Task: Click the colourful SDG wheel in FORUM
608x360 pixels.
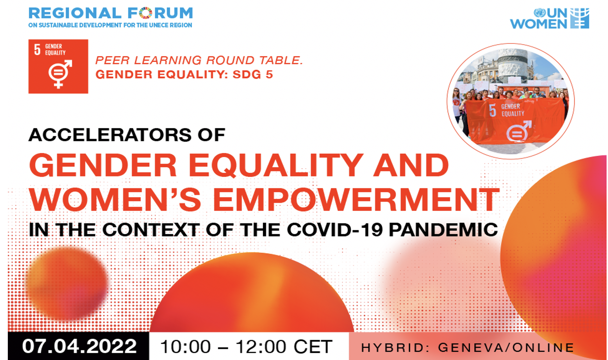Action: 145,13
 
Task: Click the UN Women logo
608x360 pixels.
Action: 550,18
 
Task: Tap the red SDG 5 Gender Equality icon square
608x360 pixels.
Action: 58,66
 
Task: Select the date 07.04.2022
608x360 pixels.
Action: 79,346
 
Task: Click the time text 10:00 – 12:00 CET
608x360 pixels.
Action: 246,347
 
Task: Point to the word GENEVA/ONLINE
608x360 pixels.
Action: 506,348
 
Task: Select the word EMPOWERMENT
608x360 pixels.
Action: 356,200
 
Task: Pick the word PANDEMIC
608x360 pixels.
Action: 443,230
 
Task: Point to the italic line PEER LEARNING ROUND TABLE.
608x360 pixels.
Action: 199,60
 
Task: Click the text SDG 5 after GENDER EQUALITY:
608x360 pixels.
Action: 252,74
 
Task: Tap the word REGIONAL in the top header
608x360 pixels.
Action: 75,13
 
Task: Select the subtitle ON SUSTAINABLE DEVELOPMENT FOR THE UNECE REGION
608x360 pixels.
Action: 110,25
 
